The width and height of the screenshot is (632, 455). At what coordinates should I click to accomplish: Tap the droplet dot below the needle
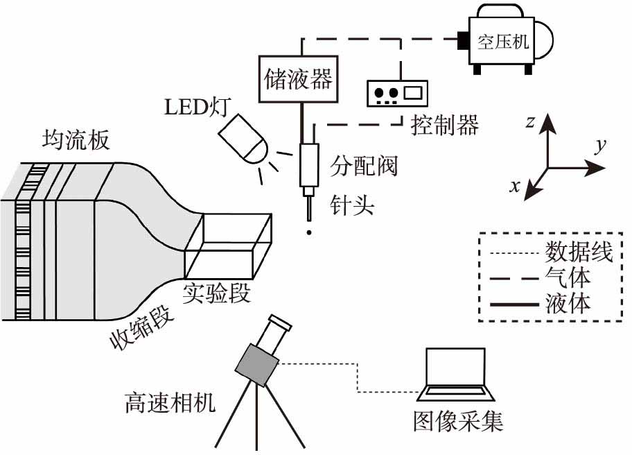click(309, 232)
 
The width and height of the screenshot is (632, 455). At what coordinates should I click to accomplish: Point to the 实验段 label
click(216, 293)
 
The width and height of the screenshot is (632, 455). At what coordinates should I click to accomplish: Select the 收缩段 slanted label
click(141, 331)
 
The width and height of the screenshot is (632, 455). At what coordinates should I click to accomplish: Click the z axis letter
click(530, 123)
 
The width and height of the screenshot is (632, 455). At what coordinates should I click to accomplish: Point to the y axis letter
click(600, 146)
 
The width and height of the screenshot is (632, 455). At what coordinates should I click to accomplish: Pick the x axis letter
click(515, 186)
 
